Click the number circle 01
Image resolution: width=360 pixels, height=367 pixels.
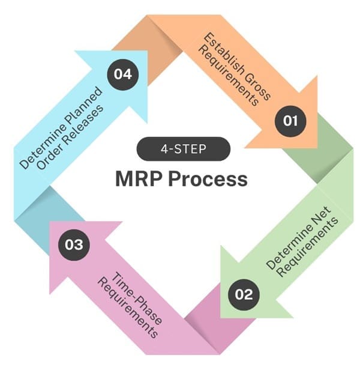click(x=290, y=120)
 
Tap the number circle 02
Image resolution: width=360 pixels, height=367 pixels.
click(x=244, y=294)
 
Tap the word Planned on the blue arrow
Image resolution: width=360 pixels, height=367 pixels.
click(x=82, y=108)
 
